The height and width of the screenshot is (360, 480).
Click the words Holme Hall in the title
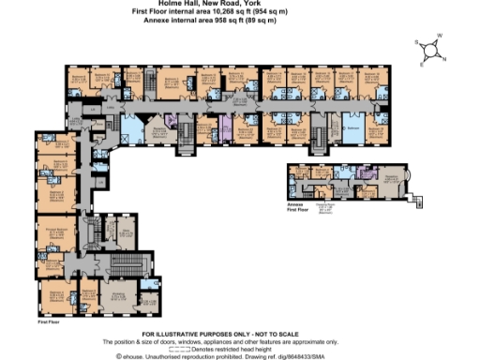(194, 5)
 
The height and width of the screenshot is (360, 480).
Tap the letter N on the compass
(443, 59)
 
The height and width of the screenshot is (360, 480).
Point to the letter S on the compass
(417, 42)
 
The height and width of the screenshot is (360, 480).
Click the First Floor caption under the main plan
(49, 322)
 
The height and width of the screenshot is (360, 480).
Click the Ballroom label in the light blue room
(354, 128)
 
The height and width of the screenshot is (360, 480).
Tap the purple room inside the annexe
(362, 172)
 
